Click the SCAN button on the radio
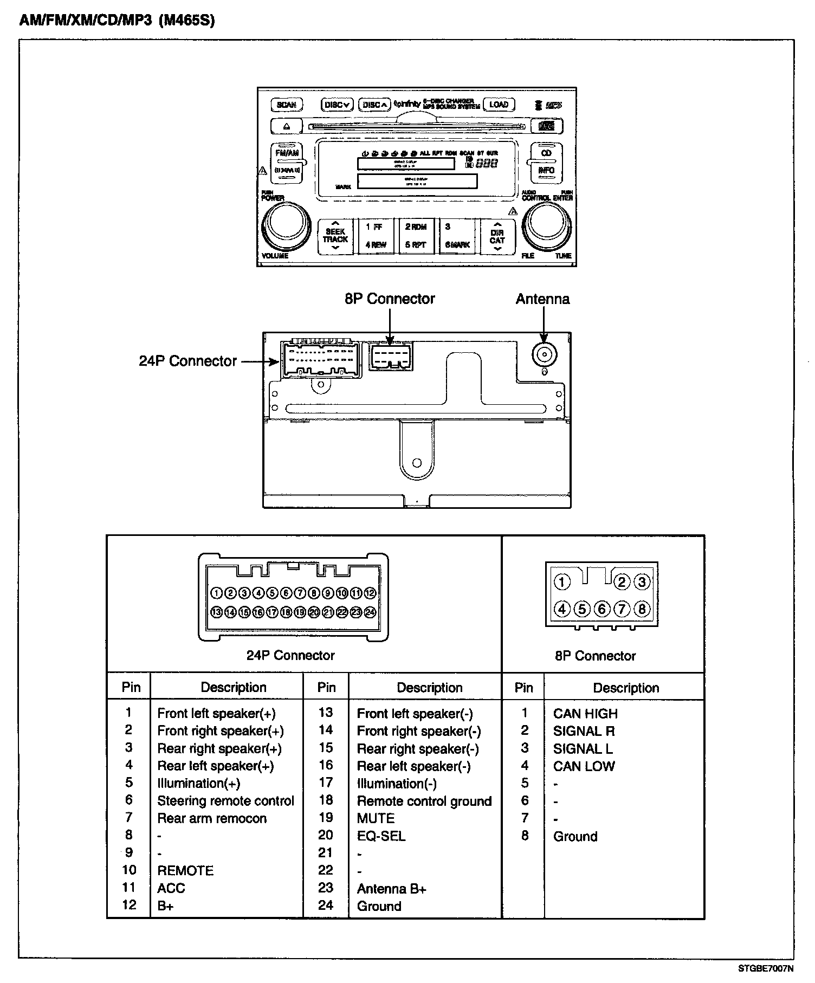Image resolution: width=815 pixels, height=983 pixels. coord(286,105)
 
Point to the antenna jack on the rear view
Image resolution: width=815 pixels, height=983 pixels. coord(544,355)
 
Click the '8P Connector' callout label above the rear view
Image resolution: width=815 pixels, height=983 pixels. coord(390,299)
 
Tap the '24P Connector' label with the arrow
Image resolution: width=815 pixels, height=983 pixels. coord(187,361)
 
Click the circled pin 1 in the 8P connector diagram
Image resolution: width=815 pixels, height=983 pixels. coord(562,582)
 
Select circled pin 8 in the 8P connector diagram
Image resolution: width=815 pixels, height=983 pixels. coord(642,609)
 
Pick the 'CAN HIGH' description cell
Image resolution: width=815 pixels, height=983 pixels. coord(585,714)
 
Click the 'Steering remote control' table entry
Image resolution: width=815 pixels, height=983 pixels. coord(225,801)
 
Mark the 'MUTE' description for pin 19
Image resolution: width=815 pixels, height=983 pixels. coord(376,818)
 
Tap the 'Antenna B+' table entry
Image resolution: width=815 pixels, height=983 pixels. coord(391,889)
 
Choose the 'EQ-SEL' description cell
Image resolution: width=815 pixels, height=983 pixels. coord(381,836)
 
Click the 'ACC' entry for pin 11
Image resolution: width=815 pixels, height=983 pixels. coord(171,888)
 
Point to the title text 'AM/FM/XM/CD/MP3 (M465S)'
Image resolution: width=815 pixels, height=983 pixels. coord(117,21)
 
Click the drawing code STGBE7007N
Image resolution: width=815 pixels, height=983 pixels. coord(766,968)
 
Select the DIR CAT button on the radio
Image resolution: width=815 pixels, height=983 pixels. coord(497,236)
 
